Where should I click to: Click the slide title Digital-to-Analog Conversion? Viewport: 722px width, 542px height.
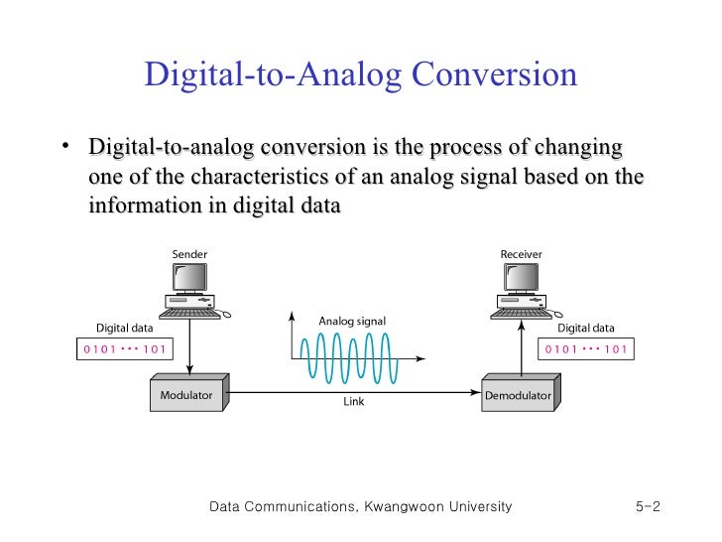tap(360, 75)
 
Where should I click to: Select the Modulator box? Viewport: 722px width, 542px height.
tap(188, 395)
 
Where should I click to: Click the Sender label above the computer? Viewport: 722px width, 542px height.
tap(189, 254)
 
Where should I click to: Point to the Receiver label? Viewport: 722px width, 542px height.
tap(522, 254)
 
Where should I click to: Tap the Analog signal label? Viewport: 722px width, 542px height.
tap(352, 322)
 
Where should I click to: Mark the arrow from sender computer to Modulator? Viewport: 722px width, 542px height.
tap(189, 347)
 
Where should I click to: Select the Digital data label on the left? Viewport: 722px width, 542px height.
tap(124, 328)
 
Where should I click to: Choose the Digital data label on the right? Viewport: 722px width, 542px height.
tap(586, 328)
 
